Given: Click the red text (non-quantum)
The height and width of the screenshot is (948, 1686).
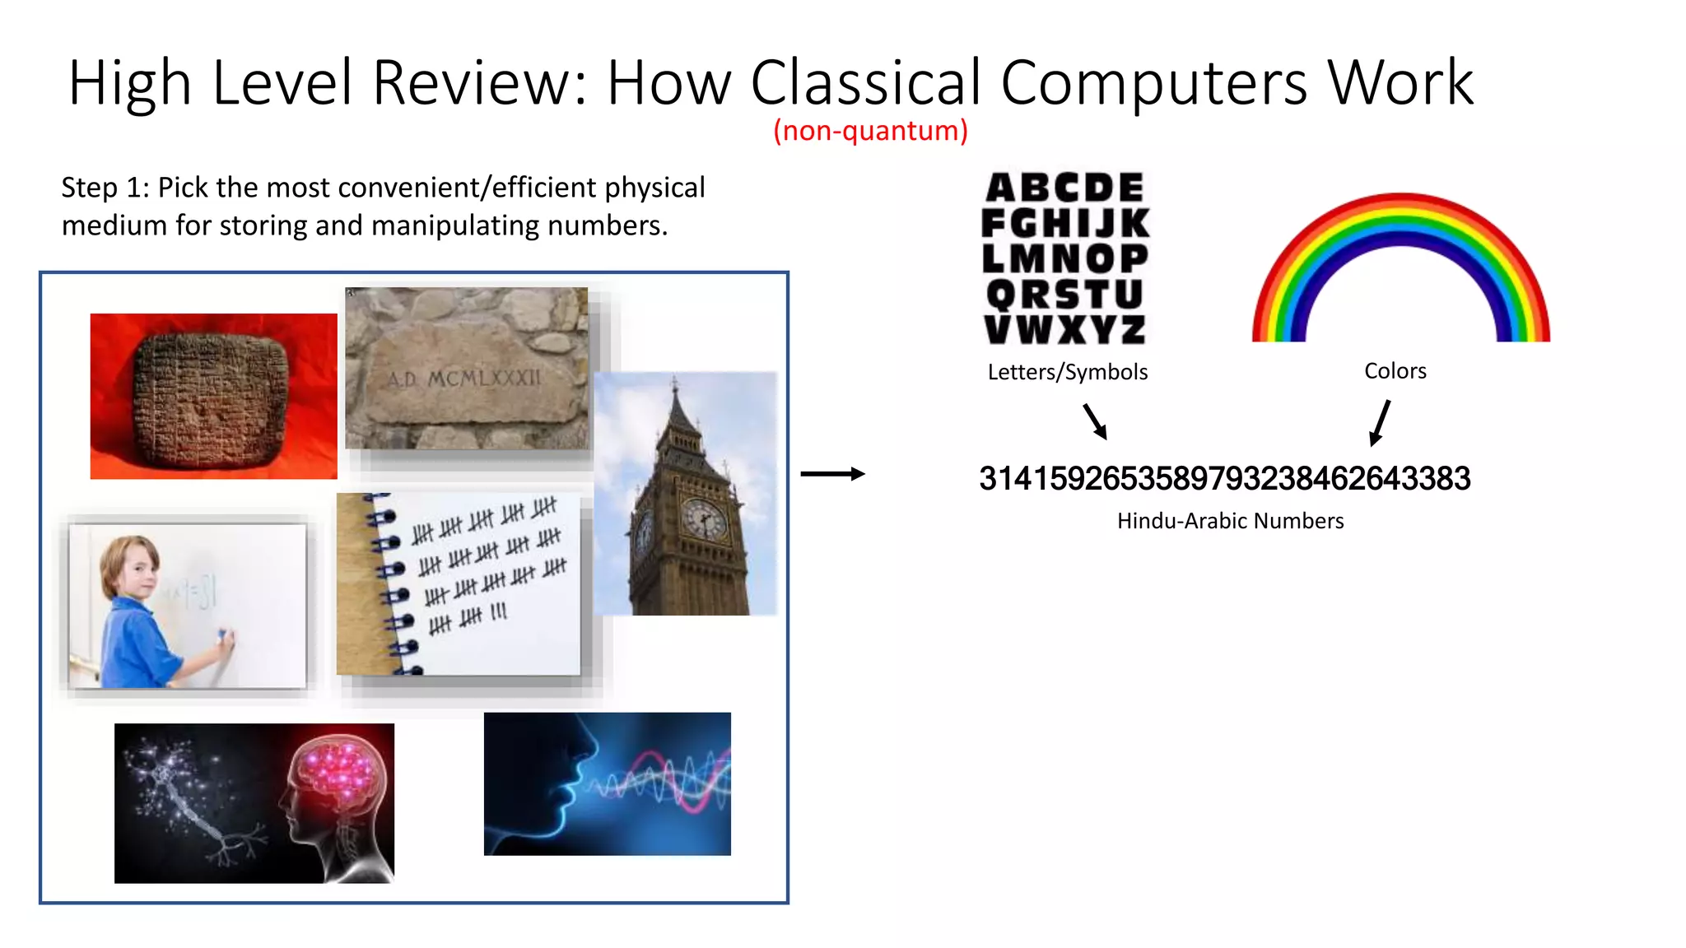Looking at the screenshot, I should point(870,131).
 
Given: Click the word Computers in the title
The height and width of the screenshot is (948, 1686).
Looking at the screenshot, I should point(1153,83).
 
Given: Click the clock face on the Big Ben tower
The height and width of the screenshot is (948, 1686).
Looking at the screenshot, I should point(705,519).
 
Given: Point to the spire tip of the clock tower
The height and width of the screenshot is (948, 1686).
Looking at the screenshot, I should point(674,381).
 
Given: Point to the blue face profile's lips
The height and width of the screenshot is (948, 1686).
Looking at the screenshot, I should point(568,790).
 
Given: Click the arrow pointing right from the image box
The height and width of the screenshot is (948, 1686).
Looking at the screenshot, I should point(832,474).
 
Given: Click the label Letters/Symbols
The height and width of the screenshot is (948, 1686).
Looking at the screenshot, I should point(1067,372).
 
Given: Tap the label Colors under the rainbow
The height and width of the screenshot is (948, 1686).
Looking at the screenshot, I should point(1395,371).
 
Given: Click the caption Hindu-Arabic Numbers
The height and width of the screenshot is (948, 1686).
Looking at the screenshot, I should point(1230,521).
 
